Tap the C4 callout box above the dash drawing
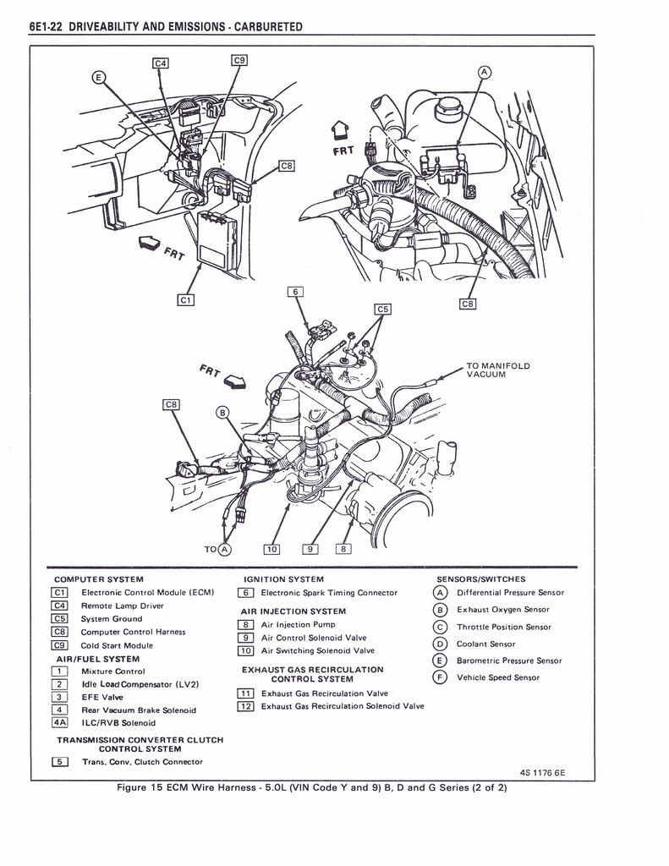pyautogui.click(x=160, y=63)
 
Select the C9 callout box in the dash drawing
pyautogui.click(x=239, y=60)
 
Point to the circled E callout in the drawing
pyautogui.click(x=99, y=79)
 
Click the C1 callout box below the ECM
pyautogui.click(x=186, y=299)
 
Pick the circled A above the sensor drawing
pyautogui.click(x=484, y=73)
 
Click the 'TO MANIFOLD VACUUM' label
pyautogui.click(x=497, y=370)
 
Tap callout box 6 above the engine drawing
pyautogui.click(x=295, y=292)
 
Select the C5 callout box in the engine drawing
pyautogui.click(x=383, y=310)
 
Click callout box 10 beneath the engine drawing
pyautogui.click(x=271, y=548)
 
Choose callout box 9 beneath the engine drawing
pyautogui.click(x=311, y=548)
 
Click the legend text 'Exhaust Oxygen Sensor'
pyautogui.click(x=502, y=609)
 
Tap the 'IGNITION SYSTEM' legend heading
pyautogui.click(x=283, y=579)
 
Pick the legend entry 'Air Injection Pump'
pyautogui.click(x=298, y=624)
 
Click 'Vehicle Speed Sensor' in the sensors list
pyautogui.click(x=497, y=677)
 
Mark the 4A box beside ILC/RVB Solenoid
pyautogui.click(x=60, y=722)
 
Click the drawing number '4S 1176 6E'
pyautogui.click(x=542, y=771)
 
